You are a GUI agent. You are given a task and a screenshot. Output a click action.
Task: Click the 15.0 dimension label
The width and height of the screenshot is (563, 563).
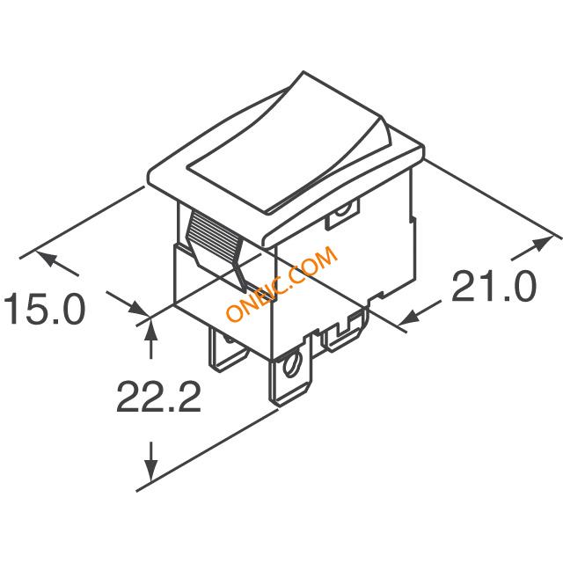coord(44,309)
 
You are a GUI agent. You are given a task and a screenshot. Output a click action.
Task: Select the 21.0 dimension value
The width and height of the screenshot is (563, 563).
coord(494,287)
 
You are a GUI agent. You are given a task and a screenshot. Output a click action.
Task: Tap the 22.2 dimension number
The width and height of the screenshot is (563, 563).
coord(158,397)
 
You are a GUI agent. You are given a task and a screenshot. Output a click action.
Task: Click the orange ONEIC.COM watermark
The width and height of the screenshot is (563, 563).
coord(282,283)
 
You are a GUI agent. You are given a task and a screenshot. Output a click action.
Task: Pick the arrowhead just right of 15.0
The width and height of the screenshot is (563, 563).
coord(138,308)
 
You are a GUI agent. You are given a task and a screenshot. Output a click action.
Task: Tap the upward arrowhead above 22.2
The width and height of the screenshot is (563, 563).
coord(150,328)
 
